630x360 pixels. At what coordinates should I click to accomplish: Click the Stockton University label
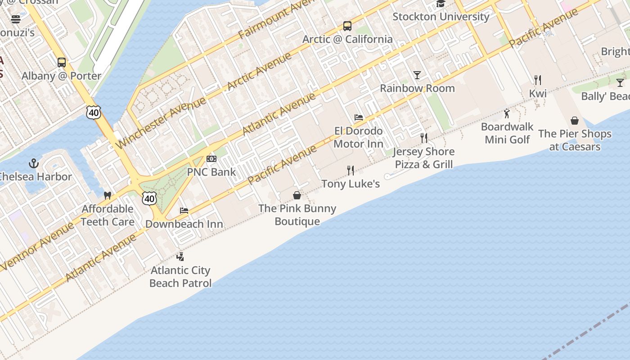tap(441, 17)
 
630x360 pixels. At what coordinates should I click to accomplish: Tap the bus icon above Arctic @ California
tap(347, 26)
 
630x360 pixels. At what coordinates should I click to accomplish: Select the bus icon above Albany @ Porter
tap(62, 63)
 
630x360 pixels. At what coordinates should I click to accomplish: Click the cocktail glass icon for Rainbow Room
tap(417, 75)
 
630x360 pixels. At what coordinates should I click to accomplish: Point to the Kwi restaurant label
tap(538, 94)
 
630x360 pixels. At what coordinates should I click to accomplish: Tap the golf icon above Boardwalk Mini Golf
tap(507, 113)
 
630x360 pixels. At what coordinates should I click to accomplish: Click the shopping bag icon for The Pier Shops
tap(575, 121)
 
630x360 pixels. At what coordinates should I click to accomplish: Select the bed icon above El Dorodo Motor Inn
tap(358, 117)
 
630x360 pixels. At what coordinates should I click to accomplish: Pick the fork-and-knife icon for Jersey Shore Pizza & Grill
tap(423, 138)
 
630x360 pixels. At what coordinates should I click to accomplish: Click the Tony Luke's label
tap(351, 184)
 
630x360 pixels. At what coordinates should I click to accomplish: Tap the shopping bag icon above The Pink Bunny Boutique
tap(297, 195)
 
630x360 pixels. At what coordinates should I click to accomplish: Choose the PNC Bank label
tap(211, 172)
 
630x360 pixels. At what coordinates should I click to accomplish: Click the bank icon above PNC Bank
tap(211, 159)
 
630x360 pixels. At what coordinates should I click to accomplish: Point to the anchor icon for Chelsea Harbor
tap(34, 163)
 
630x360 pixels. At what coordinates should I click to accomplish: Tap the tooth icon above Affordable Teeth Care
tap(107, 196)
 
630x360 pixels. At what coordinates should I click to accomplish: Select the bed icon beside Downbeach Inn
tap(184, 211)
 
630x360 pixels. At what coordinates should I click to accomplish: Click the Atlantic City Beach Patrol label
tap(180, 277)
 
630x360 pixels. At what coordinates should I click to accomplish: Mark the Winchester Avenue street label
tap(161, 123)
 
